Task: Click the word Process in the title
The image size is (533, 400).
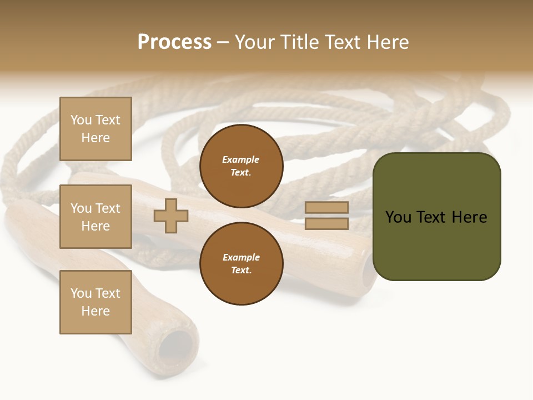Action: click(x=174, y=42)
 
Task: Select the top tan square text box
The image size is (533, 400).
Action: click(x=95, y=129)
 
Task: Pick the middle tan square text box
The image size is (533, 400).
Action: click(x=95, y=217)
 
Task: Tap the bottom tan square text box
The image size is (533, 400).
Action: click(x=95, y=302)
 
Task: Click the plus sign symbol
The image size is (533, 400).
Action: click(x=171, y=216)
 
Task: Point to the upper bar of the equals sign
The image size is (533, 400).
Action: click(x=326, y=207)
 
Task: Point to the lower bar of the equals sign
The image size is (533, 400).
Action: click(x=326, y=223)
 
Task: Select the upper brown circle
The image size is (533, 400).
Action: click(x=241, y=166)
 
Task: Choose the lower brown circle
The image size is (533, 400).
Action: click(x=241, y=263)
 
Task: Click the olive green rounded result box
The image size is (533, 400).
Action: click(x=436, y=217)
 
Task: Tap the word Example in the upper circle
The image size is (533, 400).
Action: click(x=241, y=159)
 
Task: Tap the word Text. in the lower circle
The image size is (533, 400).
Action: click(x=241, y=271)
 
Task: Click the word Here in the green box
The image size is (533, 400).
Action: click(x=469, y=217)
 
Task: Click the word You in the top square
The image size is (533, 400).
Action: click(x=81, y=120)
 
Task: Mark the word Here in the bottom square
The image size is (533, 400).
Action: click(x=95, y=311)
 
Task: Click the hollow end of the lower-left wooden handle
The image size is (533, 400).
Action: click(x=176, y=347)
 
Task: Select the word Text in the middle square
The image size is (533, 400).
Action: click(x=107, y=208)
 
